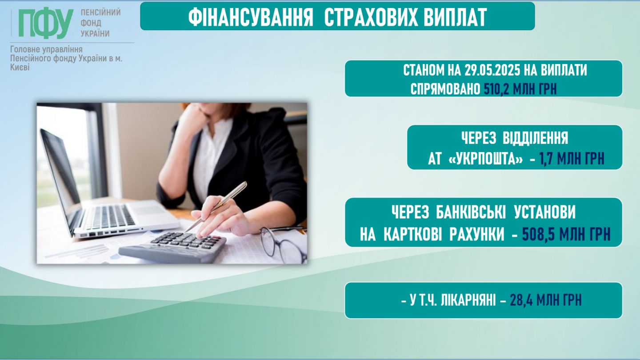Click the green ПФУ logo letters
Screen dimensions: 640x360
(46, 24)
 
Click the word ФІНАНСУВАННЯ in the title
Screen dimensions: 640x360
(251, 17)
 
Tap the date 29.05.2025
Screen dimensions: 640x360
(492, 70)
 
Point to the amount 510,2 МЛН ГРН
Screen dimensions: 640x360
(520, 89)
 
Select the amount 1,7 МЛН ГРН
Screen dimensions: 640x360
(572, 159)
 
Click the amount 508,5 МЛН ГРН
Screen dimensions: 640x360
(566, 234)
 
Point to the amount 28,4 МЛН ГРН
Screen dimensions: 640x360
(546, 300)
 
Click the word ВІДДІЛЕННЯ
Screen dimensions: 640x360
(535, 138)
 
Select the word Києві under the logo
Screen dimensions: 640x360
(20, 68)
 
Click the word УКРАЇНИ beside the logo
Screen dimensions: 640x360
(95, 34)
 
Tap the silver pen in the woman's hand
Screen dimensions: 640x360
(216, 206)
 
